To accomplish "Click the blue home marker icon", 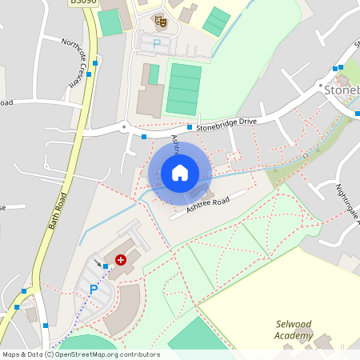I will (180, 173).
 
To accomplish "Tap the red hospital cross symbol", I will (121, 260).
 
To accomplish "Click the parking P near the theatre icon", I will (157, 42).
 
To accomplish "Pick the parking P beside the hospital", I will (94, 290).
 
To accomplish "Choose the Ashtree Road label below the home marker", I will (207, 204).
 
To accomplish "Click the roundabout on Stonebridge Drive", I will (124, 126).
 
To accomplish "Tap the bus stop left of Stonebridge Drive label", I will (190, 127).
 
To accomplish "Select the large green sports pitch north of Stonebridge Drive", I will (184, 90).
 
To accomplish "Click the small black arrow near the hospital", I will (98, 262).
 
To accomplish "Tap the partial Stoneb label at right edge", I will (342, 90).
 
